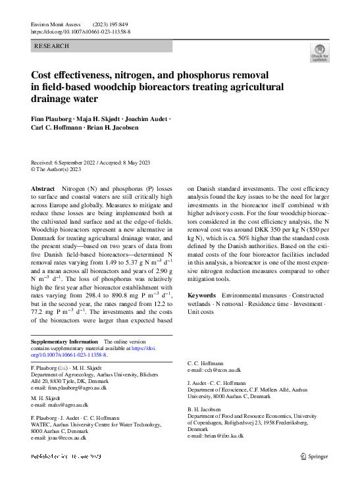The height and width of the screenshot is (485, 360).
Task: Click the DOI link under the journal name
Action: (x=80, y=32)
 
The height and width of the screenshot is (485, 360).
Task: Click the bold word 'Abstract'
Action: (x=43, y=188)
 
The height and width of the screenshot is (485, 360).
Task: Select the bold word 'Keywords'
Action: (x=201, y=295)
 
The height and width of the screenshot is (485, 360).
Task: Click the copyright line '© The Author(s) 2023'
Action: (x=57, y=169)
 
